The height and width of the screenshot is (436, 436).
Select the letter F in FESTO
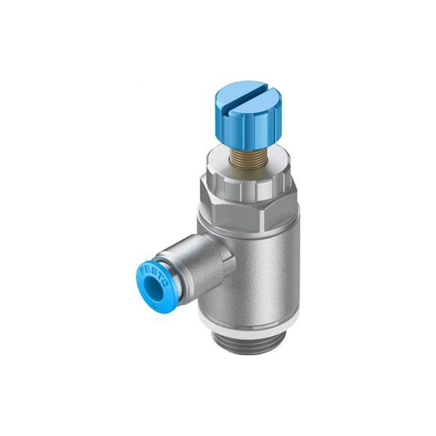point(143,270)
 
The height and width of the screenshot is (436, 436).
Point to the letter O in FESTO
point(166,284)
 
